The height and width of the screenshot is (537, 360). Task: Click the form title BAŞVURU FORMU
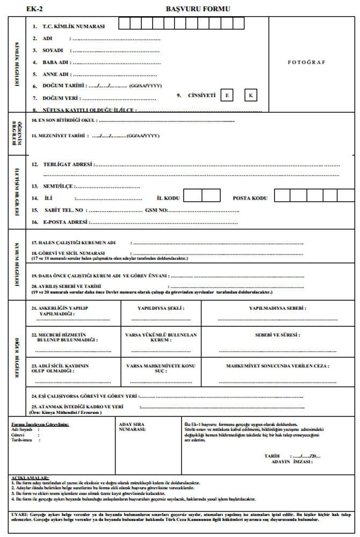coord(198,9)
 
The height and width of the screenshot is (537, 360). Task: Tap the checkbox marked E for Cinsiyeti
coord(227,96)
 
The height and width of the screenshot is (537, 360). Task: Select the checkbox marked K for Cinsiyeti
coord(250,96)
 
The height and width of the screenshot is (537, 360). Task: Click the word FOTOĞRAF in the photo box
coord(307,62)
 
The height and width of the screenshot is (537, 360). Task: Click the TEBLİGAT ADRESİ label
coord(68,164)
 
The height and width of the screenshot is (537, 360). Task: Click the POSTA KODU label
coord(250,198)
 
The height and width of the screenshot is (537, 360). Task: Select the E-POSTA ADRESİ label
coord(66,222)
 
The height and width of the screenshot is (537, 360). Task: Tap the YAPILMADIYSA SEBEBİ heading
coord(277,309)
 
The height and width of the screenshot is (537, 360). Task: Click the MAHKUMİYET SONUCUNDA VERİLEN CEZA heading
coord(277,366)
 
